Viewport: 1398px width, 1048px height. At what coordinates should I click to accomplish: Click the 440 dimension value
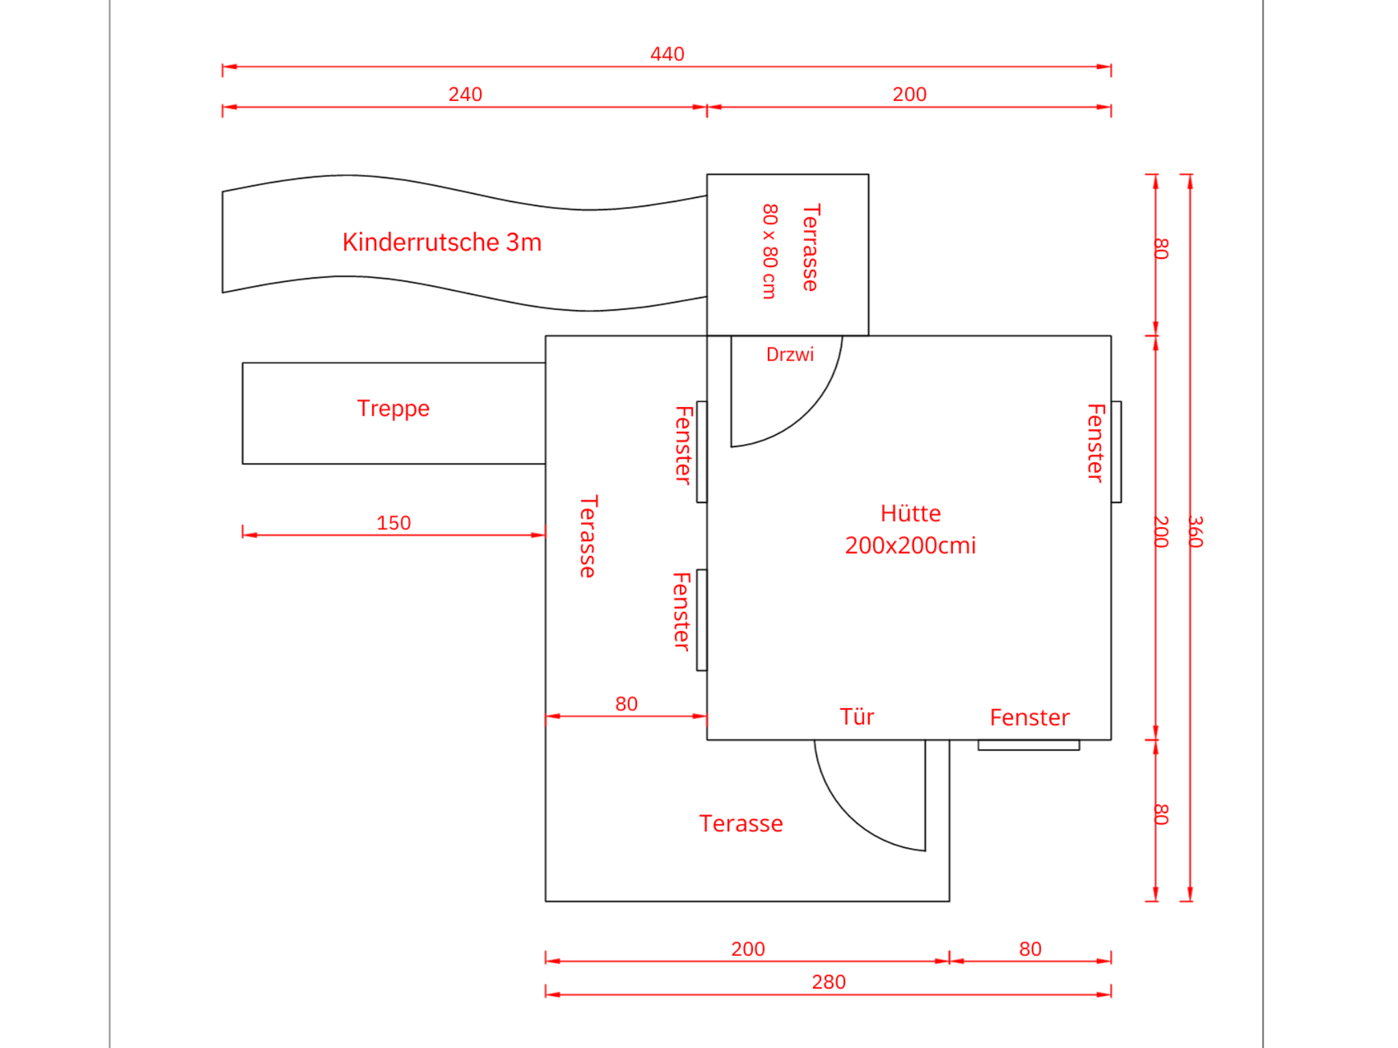pos(667,54)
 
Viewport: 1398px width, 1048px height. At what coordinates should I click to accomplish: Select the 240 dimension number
pos(465,94)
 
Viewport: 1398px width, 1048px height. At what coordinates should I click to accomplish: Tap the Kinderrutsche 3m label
pos(442,242)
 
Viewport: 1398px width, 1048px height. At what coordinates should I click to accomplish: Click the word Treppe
pos(393,408)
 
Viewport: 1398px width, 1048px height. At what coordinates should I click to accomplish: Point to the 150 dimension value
pos(394,523)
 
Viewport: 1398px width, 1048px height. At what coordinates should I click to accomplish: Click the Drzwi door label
pos(790,354)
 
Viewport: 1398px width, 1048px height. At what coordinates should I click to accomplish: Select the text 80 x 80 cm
pos(770,251)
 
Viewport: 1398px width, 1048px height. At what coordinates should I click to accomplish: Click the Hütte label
pos(911,513)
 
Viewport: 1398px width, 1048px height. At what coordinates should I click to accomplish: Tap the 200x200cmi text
pos(911,546)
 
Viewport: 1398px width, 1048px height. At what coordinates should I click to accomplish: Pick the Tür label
pos(857,717)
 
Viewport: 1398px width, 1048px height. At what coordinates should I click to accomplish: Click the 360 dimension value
pos(1195,532)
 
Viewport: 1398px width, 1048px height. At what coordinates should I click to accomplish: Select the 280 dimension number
pos(829,982)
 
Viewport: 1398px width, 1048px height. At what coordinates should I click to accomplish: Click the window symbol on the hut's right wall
pos(1116,452)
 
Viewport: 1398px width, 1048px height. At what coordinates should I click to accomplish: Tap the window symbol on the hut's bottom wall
pos(1029,745)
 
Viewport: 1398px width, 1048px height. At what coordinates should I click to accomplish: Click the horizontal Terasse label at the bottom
pos(741,824)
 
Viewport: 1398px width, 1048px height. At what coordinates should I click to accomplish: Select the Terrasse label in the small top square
pos(811,247)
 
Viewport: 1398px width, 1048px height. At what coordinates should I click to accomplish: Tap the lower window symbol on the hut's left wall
pos(702,620)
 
